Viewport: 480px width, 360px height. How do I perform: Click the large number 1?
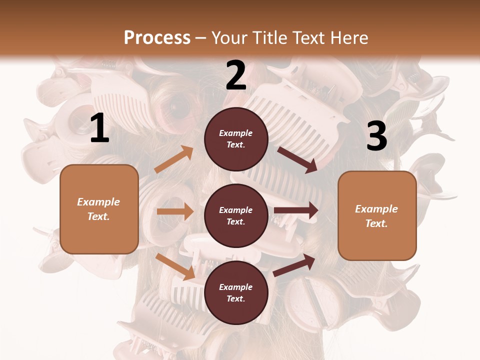(x=100, y=128)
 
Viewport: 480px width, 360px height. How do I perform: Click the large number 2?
(x=236, y=75)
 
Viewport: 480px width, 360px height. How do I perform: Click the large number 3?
(x=377, y=136)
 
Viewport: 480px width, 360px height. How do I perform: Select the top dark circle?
(x=236, y=138)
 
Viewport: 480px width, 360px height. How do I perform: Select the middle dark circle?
(x=236, y=215)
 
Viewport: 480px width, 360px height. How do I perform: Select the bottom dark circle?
(x=236, y=292)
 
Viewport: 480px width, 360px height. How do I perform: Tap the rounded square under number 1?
(x=99, y=209)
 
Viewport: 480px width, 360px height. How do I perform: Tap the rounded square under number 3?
(x=377, y=216)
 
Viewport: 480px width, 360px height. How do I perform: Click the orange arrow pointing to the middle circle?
(x=175, y=211)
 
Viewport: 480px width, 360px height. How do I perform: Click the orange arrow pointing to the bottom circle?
(x=175, y=266)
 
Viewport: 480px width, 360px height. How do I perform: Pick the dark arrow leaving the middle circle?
(x=296, y=210)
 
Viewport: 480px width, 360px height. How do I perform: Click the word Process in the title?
(x=157, y=37)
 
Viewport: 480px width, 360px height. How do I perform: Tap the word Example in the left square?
(x=98, y=202)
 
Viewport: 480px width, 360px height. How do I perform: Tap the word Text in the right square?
(x=376, y=223)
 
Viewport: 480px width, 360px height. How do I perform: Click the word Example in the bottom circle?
(x=235, y=287)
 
